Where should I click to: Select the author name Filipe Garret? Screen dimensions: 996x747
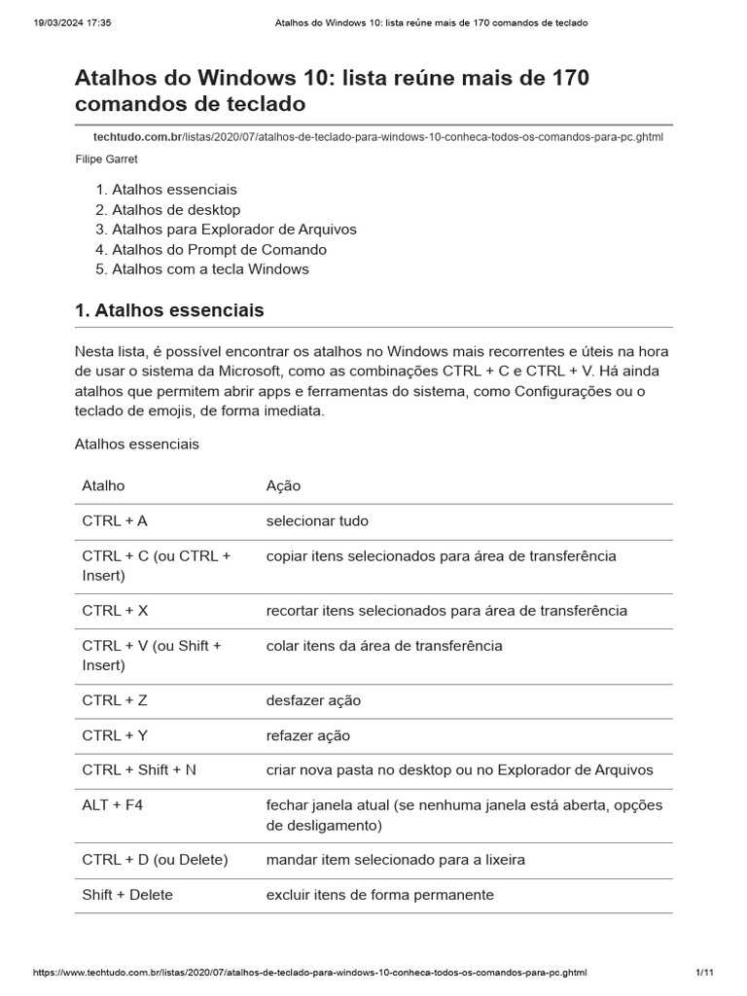pyautogui.click(x=106, y=159)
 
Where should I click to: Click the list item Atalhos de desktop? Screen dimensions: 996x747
pyautogui.click(x=175, y=209)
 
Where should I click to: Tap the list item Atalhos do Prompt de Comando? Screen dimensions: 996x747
pyautogui.click(x=219, y=249)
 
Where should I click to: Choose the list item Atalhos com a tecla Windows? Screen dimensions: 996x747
pyautogui.click(x=210, y=268)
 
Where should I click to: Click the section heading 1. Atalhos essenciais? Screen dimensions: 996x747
pyautogui.click(x=169, y=310)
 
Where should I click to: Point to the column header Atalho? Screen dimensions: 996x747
pyautogui.click(x=103, y=485)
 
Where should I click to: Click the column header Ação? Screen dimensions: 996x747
pyautogui.click(x=283, y=485)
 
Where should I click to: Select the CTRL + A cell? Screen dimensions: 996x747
pyautogui.click(x=115, y=520)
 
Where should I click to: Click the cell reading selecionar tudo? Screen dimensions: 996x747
pyautogui.click(x=317, y=520)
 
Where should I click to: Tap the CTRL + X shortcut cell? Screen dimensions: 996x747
pyautogui.click(x=115, y=610)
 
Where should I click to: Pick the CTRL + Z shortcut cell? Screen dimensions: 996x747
pyautogui.click(x=115, y=699)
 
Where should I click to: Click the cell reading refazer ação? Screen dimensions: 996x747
pyautogui.click(x=307, y=734)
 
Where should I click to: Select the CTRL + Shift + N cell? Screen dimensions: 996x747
pyautogui.click(x=139, y=769)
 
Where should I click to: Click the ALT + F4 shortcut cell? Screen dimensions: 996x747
pyautogui.click(x=112, y=804)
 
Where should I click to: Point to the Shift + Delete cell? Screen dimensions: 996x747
pyautogui.click(x=127, y=894)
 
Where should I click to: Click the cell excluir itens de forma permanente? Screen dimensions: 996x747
pyautogui.click(x=379, y=894)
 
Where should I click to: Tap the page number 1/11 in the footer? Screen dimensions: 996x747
pyautogui.click(x=705, y=973)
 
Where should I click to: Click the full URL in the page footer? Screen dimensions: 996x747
pyautogui.click(x=309, y=973)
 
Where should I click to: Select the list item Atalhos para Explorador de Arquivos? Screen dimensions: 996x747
pyautogui.click(x=233, y=229)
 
